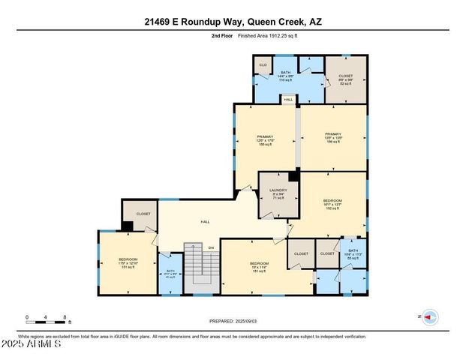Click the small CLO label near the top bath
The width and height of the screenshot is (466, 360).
click(263, 65)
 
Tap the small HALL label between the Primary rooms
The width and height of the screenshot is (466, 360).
click(288, 98)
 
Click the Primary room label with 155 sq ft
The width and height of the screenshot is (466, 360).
click(266, 140)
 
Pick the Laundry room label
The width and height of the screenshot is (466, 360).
click(278, 194)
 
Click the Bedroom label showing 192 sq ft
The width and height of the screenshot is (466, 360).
click(332, 204)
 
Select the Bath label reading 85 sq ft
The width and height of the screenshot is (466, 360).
click(352, 254)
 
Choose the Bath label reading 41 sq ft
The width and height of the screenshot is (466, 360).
click(170, 274)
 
